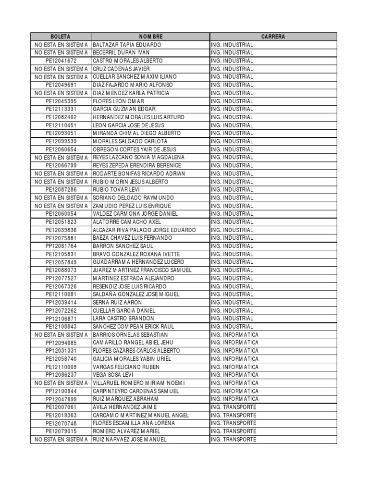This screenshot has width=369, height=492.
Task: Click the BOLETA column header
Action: tap(61, 37)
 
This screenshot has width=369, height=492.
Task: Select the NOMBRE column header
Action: tap(151, 37)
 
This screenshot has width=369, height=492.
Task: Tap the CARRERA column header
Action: tap(273, 37)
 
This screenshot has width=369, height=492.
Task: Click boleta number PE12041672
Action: tap(61, 61)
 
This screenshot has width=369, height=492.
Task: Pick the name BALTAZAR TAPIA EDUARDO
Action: tap(127, 45)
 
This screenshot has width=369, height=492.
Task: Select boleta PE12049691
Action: tap(61, 85)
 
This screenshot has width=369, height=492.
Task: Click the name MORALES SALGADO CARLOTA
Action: tap(130, 141)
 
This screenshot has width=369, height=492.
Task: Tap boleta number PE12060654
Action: tap(61, 149)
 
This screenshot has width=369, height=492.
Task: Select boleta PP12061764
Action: tap(61, 246)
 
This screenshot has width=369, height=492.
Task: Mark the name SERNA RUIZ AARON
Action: tap(117, 302)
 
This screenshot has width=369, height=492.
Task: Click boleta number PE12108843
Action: tap(61, 327)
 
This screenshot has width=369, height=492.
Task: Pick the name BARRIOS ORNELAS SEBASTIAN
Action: tap(130, 334)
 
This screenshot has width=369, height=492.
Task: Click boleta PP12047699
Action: tap(61, 399)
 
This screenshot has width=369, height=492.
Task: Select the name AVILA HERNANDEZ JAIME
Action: tap(125, 407)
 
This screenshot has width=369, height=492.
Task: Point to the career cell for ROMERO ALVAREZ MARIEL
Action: tap(233, 431)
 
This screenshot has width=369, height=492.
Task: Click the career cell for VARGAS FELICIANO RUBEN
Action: tap(234, 367)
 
